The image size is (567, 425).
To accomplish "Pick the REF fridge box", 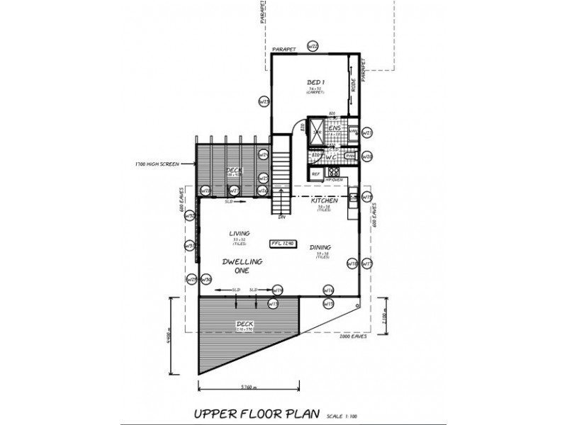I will coord(316,172).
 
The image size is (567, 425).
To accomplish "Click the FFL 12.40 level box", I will coord(282,243).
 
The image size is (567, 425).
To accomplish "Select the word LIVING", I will coord(237,232).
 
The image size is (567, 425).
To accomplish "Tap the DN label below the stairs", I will coord(281,217).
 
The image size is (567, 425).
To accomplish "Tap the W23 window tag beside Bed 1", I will coord(263,102).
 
